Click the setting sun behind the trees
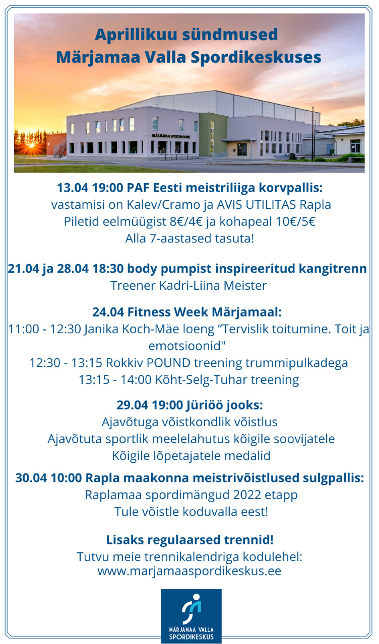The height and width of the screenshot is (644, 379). point(31,145)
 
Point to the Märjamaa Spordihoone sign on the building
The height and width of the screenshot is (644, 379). point(171,136)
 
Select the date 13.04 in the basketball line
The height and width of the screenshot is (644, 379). point(73,188)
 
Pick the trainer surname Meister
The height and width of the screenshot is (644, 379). point(245,285)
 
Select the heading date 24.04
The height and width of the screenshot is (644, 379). point(108,312)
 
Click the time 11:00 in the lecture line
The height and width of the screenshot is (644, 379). point(24,329)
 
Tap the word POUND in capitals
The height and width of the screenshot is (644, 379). point(168,363)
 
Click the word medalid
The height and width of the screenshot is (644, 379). point(247,456)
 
